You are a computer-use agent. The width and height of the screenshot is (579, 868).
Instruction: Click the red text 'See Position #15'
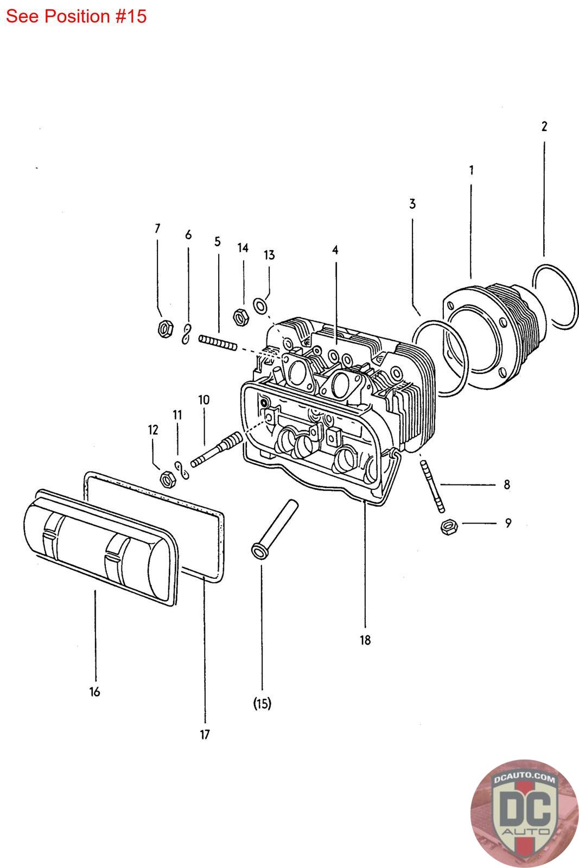77,16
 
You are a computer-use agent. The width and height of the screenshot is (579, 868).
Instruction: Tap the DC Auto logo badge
524,813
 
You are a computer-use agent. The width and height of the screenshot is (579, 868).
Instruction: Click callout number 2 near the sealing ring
544,126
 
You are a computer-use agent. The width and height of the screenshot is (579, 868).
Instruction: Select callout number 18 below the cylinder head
365,640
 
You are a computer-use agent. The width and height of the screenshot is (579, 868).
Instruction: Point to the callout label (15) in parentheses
262,704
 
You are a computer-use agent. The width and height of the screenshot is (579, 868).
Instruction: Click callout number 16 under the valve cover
95,692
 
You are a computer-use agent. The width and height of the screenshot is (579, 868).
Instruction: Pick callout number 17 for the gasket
205,735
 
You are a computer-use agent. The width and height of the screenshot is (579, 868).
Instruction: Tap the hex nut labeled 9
449,526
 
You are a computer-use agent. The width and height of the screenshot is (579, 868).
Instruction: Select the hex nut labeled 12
167,479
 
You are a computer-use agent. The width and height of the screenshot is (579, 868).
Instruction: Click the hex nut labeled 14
240,316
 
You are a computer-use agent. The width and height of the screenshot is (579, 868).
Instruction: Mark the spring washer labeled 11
182,470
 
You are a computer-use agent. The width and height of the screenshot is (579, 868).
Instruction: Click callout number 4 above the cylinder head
335,250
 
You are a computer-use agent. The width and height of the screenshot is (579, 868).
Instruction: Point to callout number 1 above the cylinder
471,170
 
